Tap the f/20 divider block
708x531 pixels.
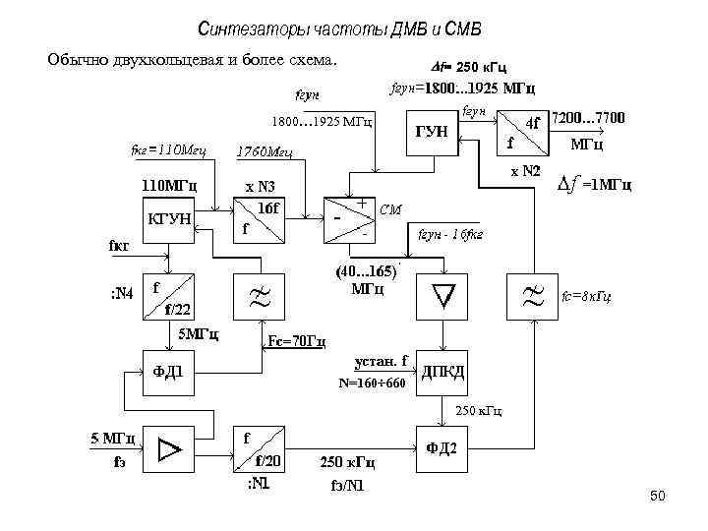tap(258, 447)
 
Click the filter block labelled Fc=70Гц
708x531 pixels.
tap(258, 296)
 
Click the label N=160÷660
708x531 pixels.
tap(371, 383)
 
